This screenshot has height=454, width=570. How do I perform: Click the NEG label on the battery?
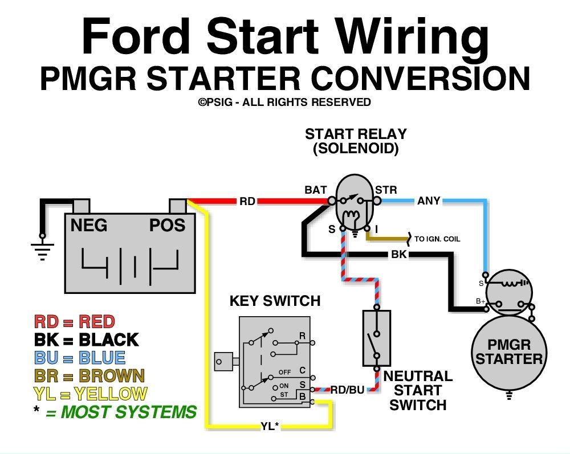89,226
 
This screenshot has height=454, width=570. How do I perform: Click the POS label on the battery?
167,226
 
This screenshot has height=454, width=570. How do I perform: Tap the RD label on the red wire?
247,201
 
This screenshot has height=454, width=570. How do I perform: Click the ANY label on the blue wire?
429,201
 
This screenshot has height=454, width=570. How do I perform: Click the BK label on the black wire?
399,255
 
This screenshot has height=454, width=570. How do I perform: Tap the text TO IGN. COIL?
437,239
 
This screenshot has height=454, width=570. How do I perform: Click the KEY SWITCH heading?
275,301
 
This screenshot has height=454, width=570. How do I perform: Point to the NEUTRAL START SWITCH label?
418,390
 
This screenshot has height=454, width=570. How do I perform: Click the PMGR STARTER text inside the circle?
508,352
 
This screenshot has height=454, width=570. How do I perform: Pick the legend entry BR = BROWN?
89,376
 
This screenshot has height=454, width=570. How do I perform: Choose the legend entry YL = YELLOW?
90,394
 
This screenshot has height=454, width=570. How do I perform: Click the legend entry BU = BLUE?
79,358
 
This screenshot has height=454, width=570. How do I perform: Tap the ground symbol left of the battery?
42,249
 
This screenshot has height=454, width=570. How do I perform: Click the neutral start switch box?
376,338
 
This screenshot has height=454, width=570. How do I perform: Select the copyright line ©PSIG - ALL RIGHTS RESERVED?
284,103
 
